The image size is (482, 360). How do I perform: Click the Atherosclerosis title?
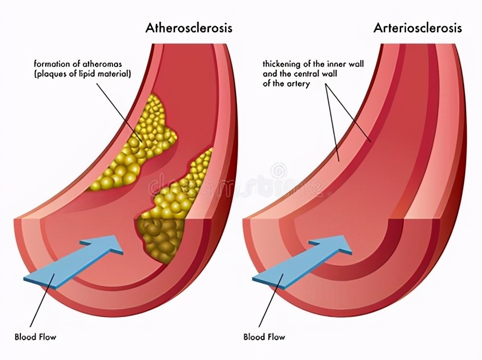coord(189,28)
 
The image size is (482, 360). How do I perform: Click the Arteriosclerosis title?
coord(418,28)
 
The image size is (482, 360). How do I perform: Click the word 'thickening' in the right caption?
coord(281,64)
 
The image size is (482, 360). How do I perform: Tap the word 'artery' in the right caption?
coord(298,84)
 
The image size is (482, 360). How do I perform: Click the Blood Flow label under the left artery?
coord(36,337)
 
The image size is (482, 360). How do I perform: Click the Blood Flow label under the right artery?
coord(264,337)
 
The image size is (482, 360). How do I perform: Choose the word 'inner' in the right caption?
coord(337,64)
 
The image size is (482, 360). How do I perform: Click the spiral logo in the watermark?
coord(279,169)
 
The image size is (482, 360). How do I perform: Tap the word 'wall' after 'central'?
coord(329,74)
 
